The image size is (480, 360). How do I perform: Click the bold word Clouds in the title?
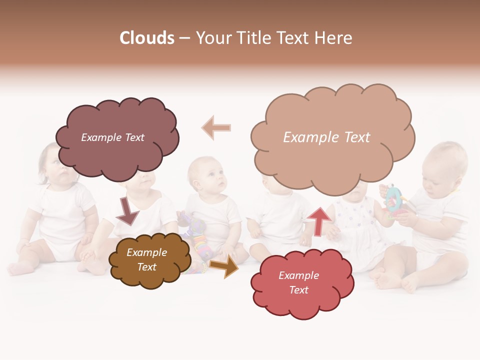point(146,38)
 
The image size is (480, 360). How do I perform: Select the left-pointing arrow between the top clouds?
point(216,128)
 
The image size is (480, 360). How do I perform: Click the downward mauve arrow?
point(127,210)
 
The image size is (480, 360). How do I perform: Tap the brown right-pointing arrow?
point(224,266)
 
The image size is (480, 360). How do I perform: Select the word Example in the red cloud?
point(298,275)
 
